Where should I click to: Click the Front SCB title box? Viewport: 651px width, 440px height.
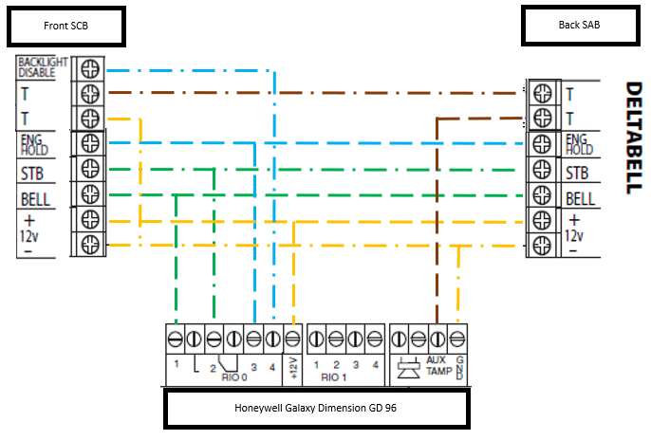point(65,26)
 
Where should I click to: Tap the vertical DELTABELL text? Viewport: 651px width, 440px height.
point(634,138)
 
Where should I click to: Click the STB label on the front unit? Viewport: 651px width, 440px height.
point(33,174)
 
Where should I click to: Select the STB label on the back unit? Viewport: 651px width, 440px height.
point(577,174)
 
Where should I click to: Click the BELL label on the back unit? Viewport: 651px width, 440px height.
point(580,199)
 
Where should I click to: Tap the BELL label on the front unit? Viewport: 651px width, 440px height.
point(35,200)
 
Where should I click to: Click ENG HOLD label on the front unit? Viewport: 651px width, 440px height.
point(33,144)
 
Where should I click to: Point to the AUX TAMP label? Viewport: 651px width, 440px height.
point(437,366)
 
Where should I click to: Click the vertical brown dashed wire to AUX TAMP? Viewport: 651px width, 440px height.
point(437,218)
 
